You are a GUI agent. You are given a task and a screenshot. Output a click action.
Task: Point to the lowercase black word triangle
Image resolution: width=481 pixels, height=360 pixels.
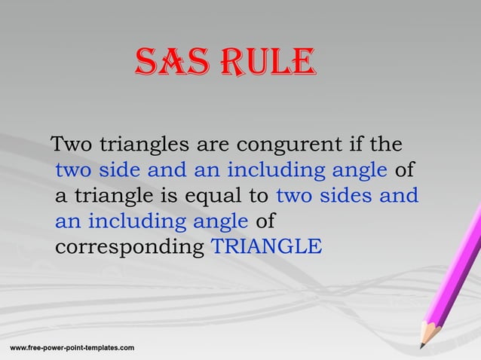point(111,197)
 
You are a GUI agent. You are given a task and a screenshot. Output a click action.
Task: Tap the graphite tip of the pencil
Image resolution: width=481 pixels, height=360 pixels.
point(421,346)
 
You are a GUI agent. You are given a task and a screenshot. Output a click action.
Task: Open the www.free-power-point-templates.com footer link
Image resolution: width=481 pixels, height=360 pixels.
point(72,347)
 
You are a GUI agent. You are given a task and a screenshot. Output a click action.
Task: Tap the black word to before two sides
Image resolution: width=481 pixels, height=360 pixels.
point(259,196)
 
